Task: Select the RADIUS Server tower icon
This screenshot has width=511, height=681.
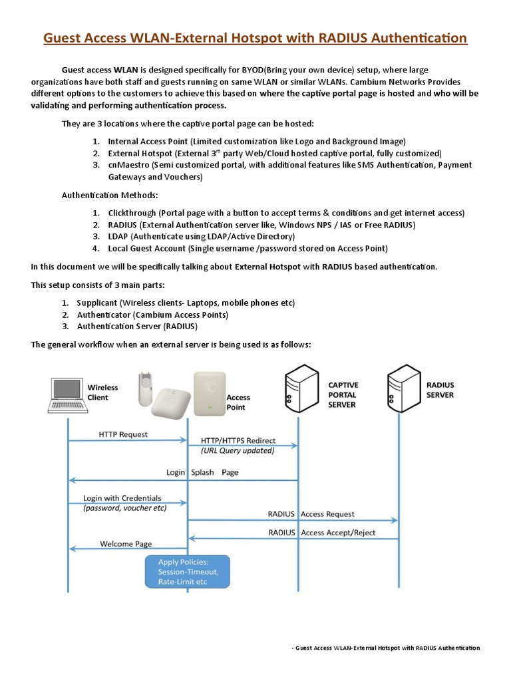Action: tap(401, 392)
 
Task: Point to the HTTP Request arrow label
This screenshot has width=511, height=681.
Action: tap(123, 434)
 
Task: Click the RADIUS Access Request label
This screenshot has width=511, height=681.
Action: tap(311, 514)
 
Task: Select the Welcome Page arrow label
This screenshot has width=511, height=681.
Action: tap(126, 543)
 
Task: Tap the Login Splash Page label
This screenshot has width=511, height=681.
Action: tap(202, 473)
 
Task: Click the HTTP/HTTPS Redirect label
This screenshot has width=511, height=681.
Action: tap(238, 441)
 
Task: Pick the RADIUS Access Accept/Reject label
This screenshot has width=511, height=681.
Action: tap(321, 533)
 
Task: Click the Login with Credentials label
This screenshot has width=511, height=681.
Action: tap(122, 498)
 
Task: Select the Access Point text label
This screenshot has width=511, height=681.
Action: tap(238, 402)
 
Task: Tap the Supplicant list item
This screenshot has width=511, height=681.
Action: tap(185, 303)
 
